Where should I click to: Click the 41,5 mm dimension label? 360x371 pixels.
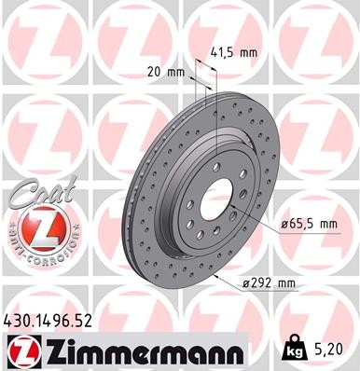point(234,52)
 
